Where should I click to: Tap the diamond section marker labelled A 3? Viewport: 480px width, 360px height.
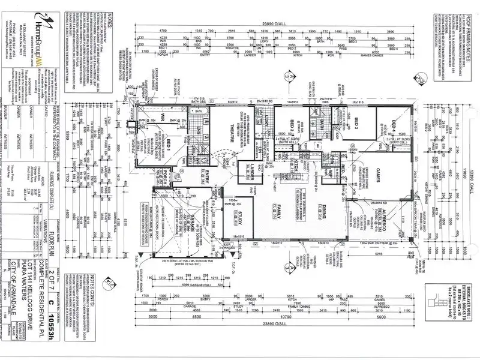tap(290, 77)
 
